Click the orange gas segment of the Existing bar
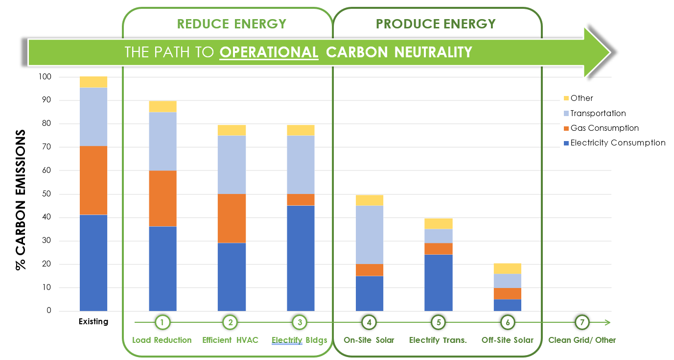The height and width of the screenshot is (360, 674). click(x=93, y=180)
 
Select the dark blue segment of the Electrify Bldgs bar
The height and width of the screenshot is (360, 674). click(x=301, y=258)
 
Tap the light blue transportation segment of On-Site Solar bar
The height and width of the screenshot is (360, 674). click(x=370, y=235)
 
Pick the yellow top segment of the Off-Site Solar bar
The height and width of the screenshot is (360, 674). click(x=508, y=268)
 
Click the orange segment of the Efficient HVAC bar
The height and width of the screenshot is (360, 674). click(x=232, y=218)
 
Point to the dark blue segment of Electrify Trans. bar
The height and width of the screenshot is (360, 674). click(x=439, y=283)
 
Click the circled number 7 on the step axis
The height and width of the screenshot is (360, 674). click(x=582, y=322)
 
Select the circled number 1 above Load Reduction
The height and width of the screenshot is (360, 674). click(x=162, y=322)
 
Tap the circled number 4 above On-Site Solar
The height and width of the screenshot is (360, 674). click(x=370, y=322)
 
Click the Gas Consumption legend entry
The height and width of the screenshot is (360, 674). click(x=604, y=128)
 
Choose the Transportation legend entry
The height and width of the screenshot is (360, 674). click(x=598, y=113)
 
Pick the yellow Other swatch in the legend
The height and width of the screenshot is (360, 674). click(x=566, y=98)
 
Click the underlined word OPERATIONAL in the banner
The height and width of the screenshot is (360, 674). click(x=269, y=52)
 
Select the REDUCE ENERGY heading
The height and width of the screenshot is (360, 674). click(x=232, y=24)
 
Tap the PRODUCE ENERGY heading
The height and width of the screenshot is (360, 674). click(x=436, y=24)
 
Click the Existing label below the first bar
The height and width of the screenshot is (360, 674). click(x=93, y=322)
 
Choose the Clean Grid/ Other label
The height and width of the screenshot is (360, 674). click(x=582, y=340)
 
